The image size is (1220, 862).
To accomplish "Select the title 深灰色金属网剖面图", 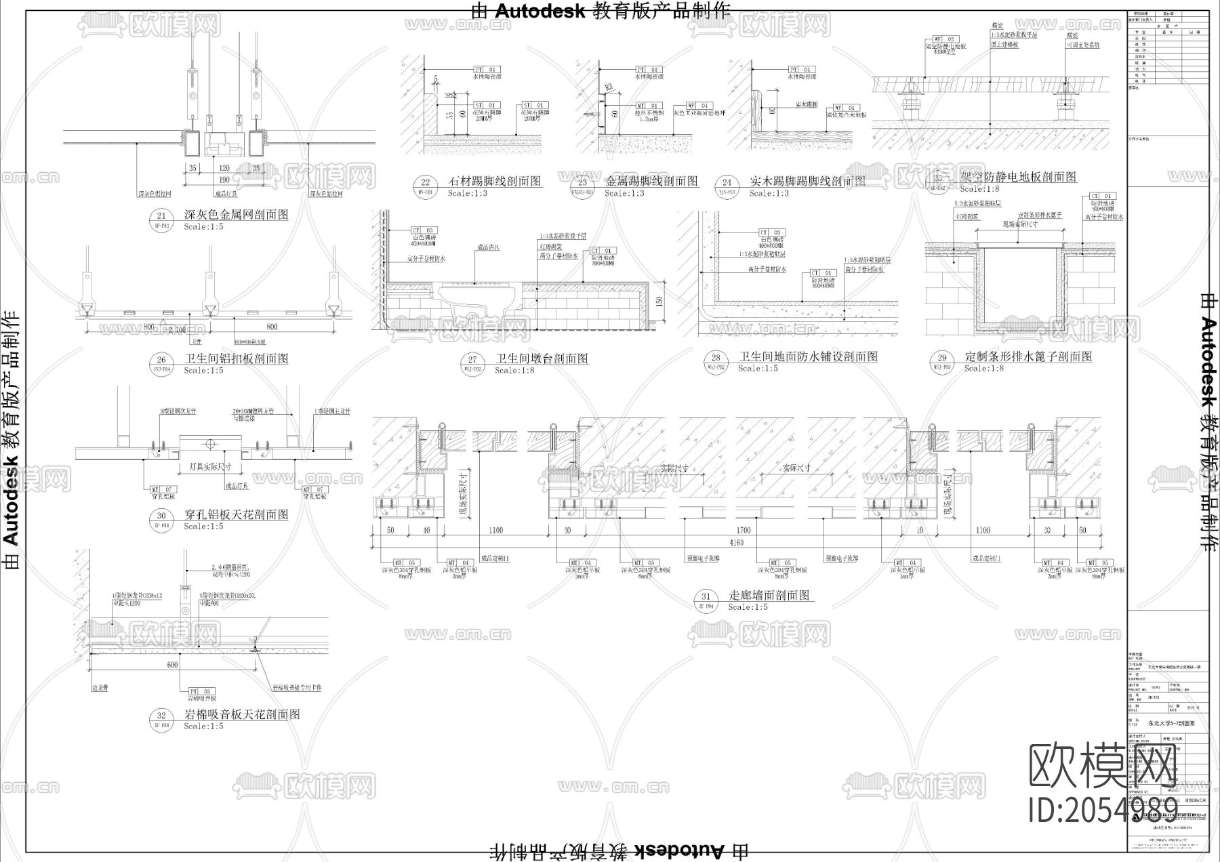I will click(x=236, y=214).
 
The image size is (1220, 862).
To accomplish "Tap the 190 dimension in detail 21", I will click(x=224, y=180).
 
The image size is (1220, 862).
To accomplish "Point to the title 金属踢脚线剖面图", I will click(x=651, y=181).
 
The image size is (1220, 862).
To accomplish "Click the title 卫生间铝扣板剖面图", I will click(x=236, y=358).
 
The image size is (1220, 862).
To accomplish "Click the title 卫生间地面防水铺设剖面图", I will click(x=808, y=356).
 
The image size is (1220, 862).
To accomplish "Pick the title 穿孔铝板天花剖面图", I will click(x=236, y=514).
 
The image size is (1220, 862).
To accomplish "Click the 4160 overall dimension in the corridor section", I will click(x=735, y=543).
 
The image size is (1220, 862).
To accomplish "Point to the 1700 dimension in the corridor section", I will click(x=744, y=531).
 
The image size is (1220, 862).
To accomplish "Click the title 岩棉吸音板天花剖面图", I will click(x=242, y=714).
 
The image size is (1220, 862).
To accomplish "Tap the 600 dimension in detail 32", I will click(x=172, y=665).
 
